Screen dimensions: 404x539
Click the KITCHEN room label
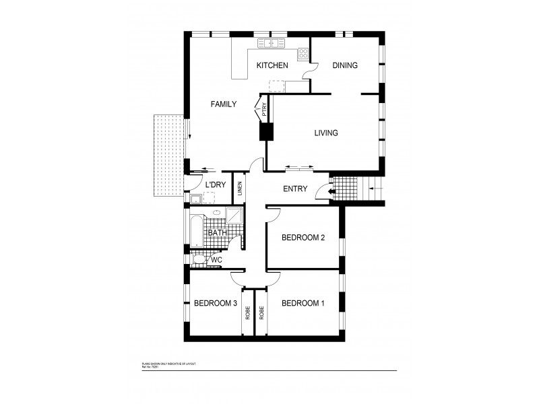(272, 65)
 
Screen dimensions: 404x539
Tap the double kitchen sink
(268, 44)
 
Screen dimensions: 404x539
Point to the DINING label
(345, 65)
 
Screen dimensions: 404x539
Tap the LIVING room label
(325, 133)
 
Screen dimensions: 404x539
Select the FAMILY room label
(223, 104)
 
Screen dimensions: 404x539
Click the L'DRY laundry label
(216, 185)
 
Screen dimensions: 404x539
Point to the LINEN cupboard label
(239, 189)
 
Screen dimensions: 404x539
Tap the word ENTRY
(295, 189)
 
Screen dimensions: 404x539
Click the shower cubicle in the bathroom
(236, 216)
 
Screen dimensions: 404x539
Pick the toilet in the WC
(199, 259)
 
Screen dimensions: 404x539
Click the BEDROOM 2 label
(303, 237)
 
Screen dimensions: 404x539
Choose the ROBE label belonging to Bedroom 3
(247, 312)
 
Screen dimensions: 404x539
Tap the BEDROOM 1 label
(303, 303)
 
